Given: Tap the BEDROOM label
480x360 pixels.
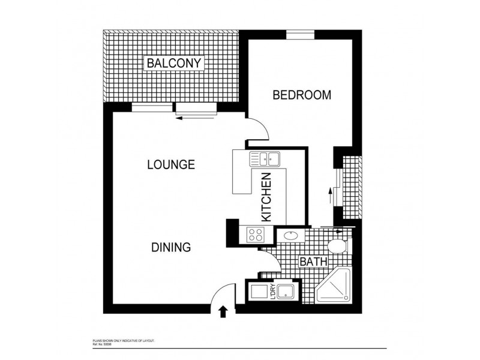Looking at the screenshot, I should [x=302, y=95].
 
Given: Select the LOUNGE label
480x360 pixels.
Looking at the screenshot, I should [x=171, y=164].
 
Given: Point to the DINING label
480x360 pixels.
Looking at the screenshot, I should [x=171, y=247].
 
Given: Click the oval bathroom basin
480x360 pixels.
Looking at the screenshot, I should [x=292, y=235].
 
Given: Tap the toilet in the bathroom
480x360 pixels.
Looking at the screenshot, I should [x=336, y=245].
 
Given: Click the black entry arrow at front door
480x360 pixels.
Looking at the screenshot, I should [x=224, y=311].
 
